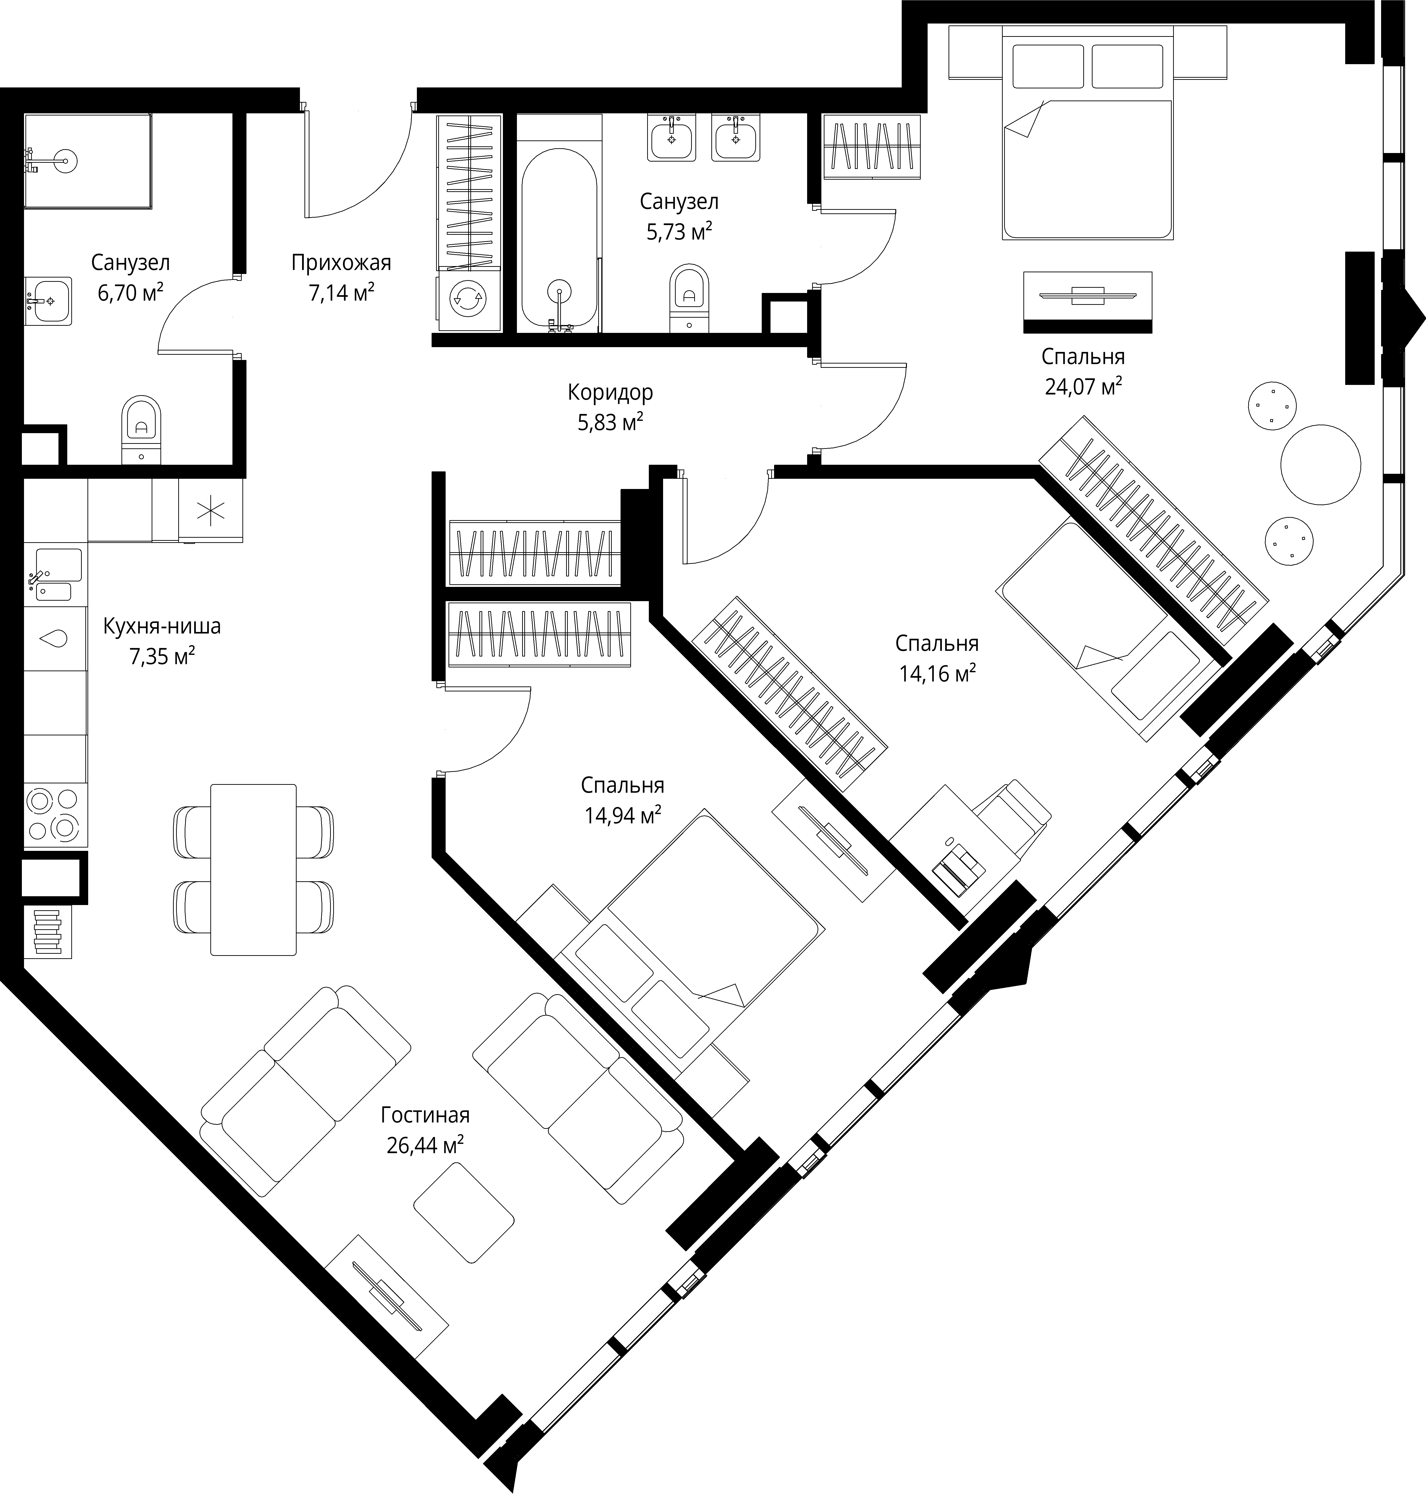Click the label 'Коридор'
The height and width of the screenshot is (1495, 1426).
610,393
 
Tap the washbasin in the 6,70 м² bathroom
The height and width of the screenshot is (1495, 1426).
49,301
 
